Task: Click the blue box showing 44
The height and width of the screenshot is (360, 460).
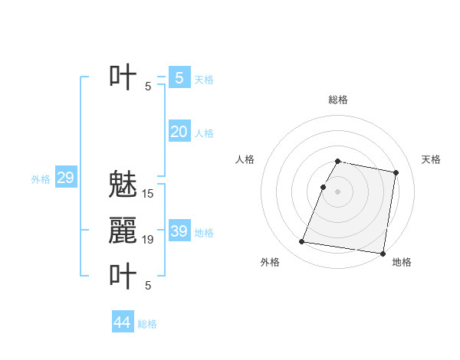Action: tap(122, 322)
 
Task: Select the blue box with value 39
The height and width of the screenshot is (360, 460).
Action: tap(179, 231)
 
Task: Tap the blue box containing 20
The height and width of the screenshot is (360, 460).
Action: tap(179, 132)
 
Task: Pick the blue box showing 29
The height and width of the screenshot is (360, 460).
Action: tap(65, 178)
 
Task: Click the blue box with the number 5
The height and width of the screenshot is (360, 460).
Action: tap(179, 77)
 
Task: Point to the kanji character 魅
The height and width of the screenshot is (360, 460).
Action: tap(123, 185)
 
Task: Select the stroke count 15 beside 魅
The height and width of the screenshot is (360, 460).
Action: tap(148, 194)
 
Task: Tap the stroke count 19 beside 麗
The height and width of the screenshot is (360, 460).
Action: tap(148, 240)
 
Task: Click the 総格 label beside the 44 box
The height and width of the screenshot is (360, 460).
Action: tap(147, 324)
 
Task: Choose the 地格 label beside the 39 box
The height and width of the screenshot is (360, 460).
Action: tap(204, 233)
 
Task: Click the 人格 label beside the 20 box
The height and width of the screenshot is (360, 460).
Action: tap(204, 133)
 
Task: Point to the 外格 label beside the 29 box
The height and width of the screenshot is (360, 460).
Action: tap(41, 179)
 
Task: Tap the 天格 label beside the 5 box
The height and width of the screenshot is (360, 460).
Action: tap(204, 79)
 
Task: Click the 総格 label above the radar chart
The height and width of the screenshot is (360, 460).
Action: tap(337, 100)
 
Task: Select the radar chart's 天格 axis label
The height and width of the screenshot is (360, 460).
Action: tap(431, 159)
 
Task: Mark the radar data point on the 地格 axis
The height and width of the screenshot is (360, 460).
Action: tap(382, 253)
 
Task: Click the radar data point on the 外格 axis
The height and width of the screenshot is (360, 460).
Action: tap(302, 242)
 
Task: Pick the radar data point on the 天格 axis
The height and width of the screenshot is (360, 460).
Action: tap(396, 173)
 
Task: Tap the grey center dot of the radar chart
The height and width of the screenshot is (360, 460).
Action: tap(337, 191)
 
